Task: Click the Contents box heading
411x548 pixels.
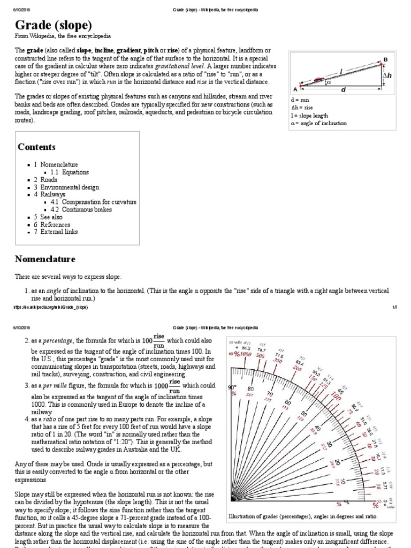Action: tap(36, 147)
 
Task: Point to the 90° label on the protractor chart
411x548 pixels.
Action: tap(232, 387)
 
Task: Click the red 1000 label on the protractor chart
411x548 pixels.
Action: tap(246, 354)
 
